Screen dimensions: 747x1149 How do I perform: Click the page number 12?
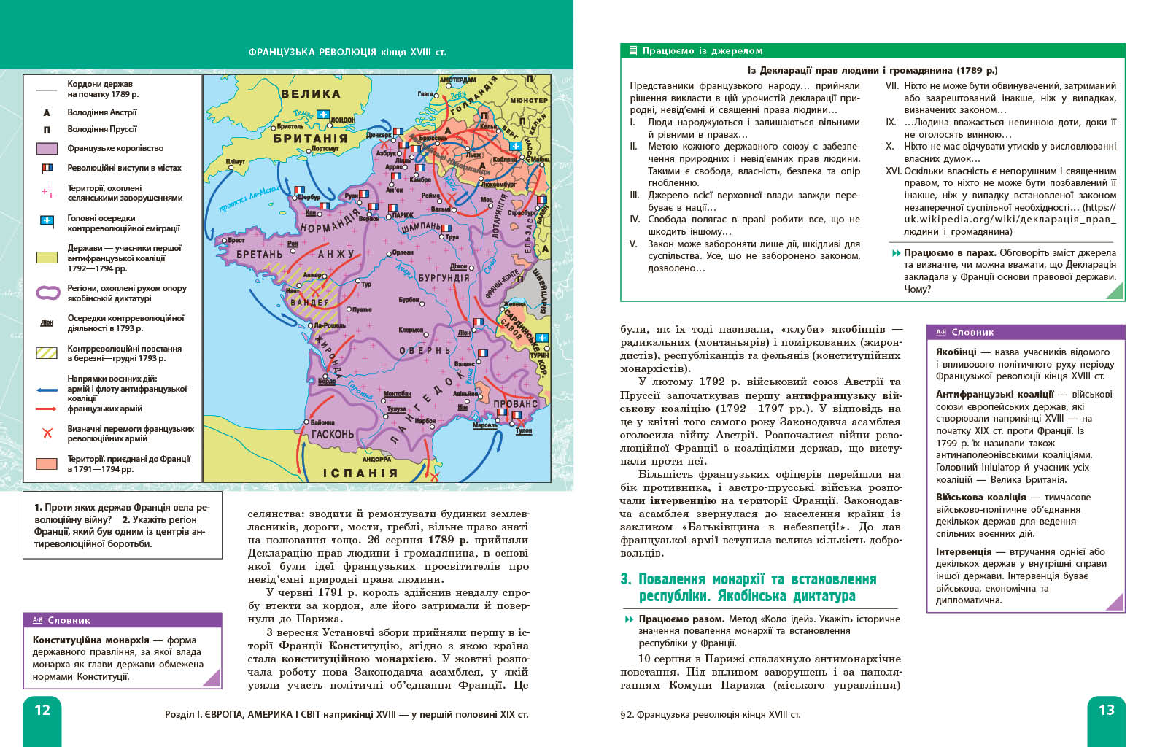[x=42, y=710]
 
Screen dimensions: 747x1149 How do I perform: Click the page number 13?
[x=1106, y=710]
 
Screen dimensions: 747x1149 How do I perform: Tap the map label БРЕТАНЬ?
[x=259, y=255]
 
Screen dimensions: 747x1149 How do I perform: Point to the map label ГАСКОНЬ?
[x=332, y=434]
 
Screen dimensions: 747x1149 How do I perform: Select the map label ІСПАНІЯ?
[x=360, y=473]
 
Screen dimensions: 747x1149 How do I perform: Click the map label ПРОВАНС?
[x=515, y=404]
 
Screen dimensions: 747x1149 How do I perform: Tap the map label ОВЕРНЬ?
[x=425, y=351]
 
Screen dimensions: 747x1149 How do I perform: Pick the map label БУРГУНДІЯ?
[x=444, y=278]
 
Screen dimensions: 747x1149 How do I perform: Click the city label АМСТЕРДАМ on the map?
[x=457, y=80]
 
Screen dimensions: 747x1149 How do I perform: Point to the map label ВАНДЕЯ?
[x=309, y=302]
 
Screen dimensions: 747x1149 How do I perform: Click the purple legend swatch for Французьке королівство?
[x=47, y=149]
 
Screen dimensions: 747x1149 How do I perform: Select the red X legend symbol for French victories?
[x=47, y=433]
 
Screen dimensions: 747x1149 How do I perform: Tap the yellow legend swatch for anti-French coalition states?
[x=47, y=258]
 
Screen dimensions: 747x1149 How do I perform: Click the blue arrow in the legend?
[x=47, y=390]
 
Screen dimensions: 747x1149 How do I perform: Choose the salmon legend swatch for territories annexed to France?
[x=47, y=463]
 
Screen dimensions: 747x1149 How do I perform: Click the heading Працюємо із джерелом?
[x=702, y=51]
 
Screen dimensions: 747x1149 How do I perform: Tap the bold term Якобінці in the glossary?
[x=956, y=352]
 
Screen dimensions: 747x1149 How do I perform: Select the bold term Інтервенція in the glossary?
[x=963, y=551]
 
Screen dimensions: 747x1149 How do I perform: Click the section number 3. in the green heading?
[x=626, y=579]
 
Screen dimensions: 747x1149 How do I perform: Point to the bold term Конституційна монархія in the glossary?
[x=90, y=640]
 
